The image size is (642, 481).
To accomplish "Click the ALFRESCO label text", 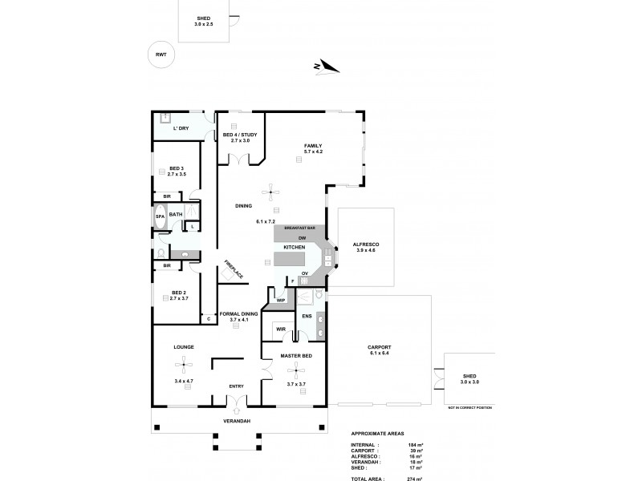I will pos(366,244).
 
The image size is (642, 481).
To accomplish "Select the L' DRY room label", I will pos(181,128).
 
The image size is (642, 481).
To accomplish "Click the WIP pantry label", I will pos(280,300).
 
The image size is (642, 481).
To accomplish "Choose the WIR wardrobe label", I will pos(280,329).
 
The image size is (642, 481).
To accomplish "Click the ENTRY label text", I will pos(236,386).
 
